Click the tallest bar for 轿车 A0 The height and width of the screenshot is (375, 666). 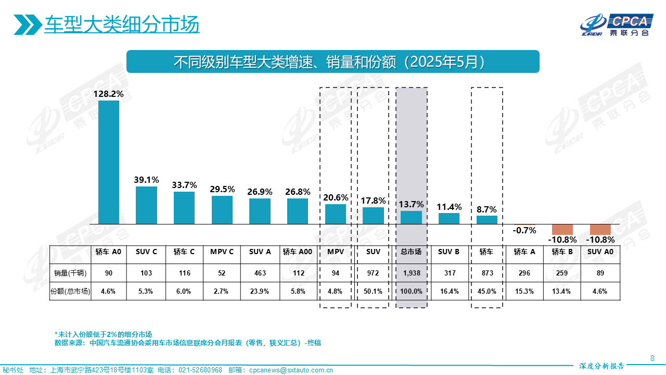[x=109, y=162]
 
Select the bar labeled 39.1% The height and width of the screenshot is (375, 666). [x=146, y=205]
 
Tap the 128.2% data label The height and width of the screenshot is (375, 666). [x=109, y=94]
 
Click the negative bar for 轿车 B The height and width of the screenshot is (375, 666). [x=562, y=229]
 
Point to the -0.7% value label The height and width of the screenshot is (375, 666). [x=524, y=230]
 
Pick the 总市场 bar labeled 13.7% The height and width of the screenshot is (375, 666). [x=411, y=217]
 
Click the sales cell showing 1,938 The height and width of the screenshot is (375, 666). [x=411, y=273]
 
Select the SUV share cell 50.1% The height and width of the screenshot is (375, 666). [x=373, y=291]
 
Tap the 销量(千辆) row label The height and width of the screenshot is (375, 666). [x=70, y=273]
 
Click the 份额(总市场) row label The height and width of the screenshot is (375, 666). [x=70, y=291]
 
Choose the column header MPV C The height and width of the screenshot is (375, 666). [x=222, y=252]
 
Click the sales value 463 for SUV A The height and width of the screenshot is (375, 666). [x=260, y=273]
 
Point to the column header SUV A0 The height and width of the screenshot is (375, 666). [x=600, y=252]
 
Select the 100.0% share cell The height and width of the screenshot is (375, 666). [x=411, y=291]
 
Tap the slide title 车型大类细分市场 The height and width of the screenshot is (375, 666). [x=122, y=24]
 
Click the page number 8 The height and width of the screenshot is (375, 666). [x=652, y=358]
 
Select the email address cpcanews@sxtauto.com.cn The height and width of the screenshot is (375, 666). [x=291, y=370]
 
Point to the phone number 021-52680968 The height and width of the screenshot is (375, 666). [x=200, y=370]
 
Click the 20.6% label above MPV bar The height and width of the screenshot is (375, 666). [x=336, y=198]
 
